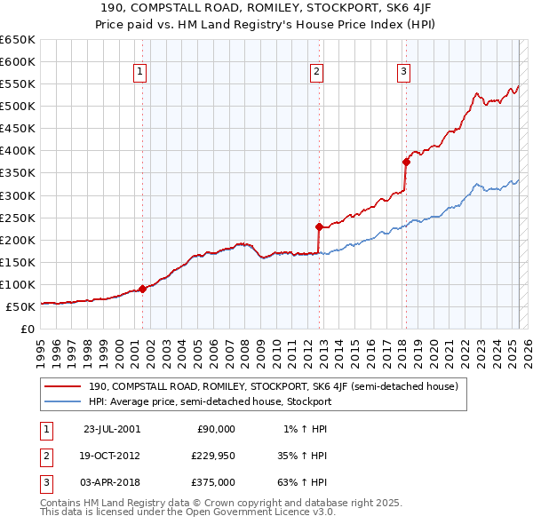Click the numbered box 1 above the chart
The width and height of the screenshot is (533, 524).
coord(141,73)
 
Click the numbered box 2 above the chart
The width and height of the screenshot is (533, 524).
coord(317,73)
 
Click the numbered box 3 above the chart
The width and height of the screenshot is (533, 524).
coord(403,73)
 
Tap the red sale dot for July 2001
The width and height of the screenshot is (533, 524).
coord(142,289)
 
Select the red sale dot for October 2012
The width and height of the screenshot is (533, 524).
coord(318,226)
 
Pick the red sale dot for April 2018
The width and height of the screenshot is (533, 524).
coord(405,162)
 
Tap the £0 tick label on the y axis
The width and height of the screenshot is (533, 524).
coord(25,329)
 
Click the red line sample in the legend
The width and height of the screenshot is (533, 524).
coord(62,386)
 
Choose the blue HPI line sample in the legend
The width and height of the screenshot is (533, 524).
coord(62,401)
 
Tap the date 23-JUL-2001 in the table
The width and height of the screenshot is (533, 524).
coord(112,429)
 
